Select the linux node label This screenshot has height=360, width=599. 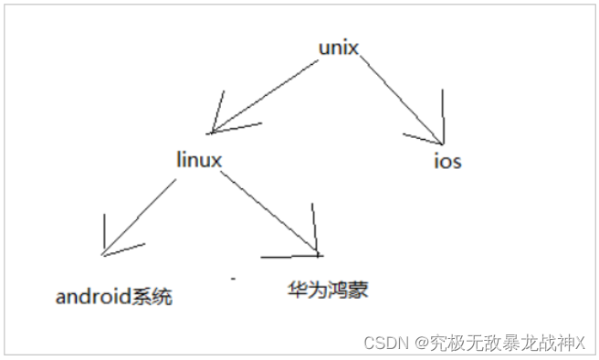pos(199,159)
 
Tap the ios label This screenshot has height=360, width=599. pos(447,162)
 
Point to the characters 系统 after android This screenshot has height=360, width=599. pos(154,297)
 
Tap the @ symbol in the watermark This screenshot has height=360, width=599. pos(422,343)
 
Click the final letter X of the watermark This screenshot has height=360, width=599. pos(578,343)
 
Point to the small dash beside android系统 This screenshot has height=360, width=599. pos(233,275)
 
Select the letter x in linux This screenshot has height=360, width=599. pos(216,159)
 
